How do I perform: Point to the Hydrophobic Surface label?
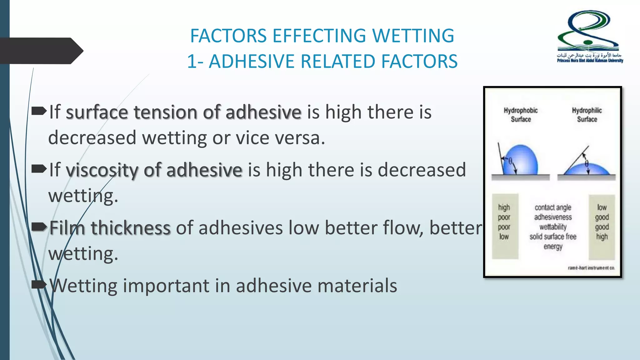[521, 115]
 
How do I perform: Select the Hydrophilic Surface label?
[587, 115]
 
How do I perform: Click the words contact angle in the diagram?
[553, 207]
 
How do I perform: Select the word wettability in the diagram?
[553, 227]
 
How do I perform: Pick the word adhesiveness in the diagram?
[553, 217]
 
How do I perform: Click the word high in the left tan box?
[504, 207]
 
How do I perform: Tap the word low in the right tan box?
[602, 207]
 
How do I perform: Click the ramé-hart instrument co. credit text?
[591, 268]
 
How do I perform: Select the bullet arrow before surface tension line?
[39, 111]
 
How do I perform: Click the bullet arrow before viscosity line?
[39, 169]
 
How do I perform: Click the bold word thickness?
[131, 228]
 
